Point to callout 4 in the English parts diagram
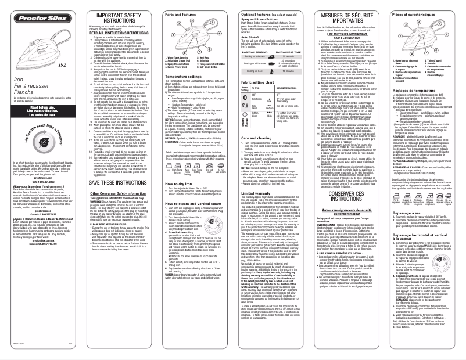[213, 23]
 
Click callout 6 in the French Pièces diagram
[436, 50]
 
